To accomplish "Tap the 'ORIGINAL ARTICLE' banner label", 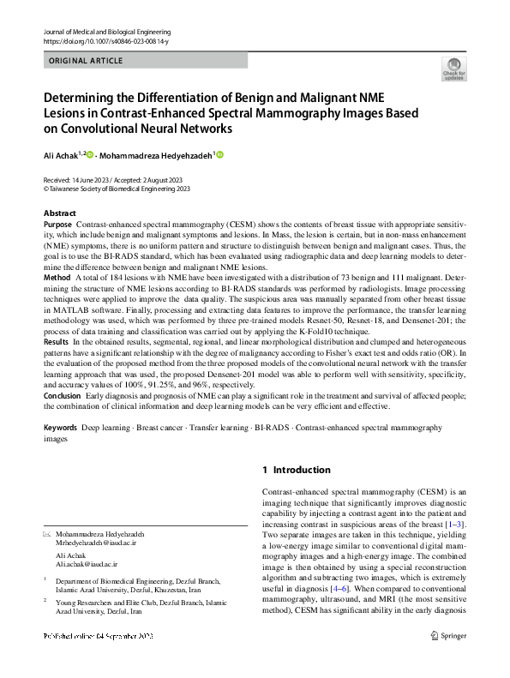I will [87, 61].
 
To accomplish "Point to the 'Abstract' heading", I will [60, 213].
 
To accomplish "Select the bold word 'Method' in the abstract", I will [57, 279].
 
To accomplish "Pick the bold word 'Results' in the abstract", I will [57, 342].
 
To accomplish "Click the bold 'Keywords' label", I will [61, 426].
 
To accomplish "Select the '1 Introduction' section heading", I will [296, 470].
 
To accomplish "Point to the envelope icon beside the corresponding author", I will [47, 534].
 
